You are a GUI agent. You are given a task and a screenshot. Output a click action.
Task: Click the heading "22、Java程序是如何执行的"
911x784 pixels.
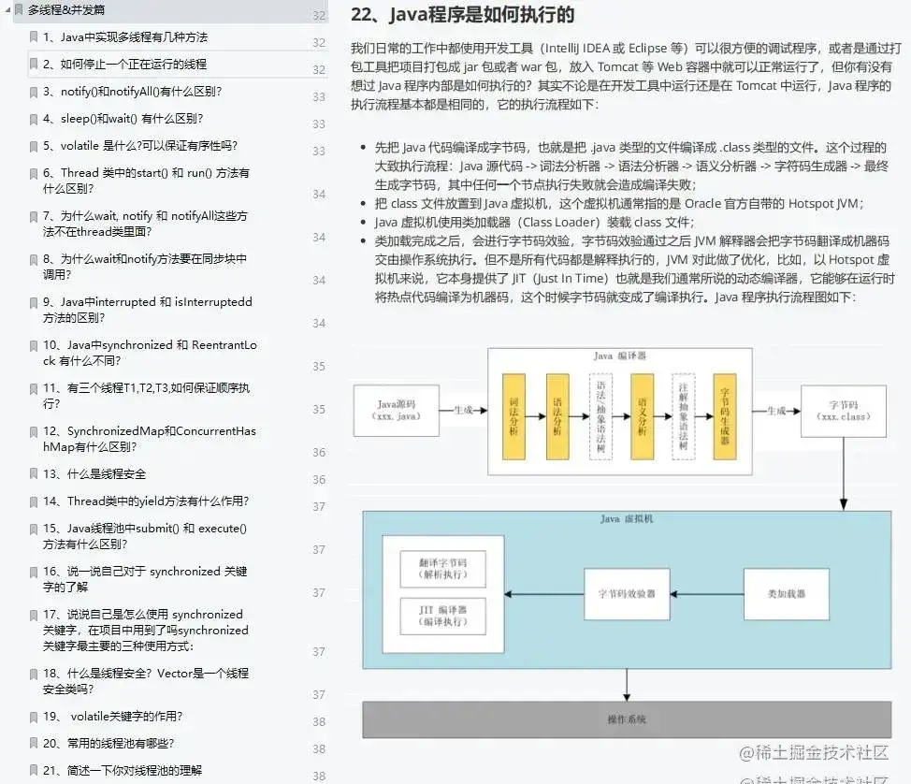pyautogui.click(x=462, y=16)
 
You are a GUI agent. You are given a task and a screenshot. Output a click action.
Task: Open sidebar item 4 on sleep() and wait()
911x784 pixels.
pyautogui.click(x=123, y=119)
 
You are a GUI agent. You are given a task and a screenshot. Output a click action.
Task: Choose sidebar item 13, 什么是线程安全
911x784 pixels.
pyautogui.click(x=107, y=474)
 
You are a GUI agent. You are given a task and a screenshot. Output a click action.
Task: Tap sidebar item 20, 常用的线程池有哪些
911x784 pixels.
pyautogui.click(x=121, y=744)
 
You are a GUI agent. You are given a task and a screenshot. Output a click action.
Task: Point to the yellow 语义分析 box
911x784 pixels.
pyautogui.click(x=642, y=416)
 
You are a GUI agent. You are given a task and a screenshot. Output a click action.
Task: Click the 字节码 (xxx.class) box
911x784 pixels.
pyautogui.click(x=843, y=410)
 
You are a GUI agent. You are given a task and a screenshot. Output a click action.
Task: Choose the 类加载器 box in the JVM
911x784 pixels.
pyautogui.click(x=787, y=594)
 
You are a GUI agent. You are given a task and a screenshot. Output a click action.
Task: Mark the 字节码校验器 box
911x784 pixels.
pyautogui.click(x=627, y=594)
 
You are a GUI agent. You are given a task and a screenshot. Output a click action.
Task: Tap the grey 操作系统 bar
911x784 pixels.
pyautogui.click(x=627, y=719)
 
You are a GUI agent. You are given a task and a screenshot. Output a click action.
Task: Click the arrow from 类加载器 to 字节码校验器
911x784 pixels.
pyautogui.click(x=706, y=594)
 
